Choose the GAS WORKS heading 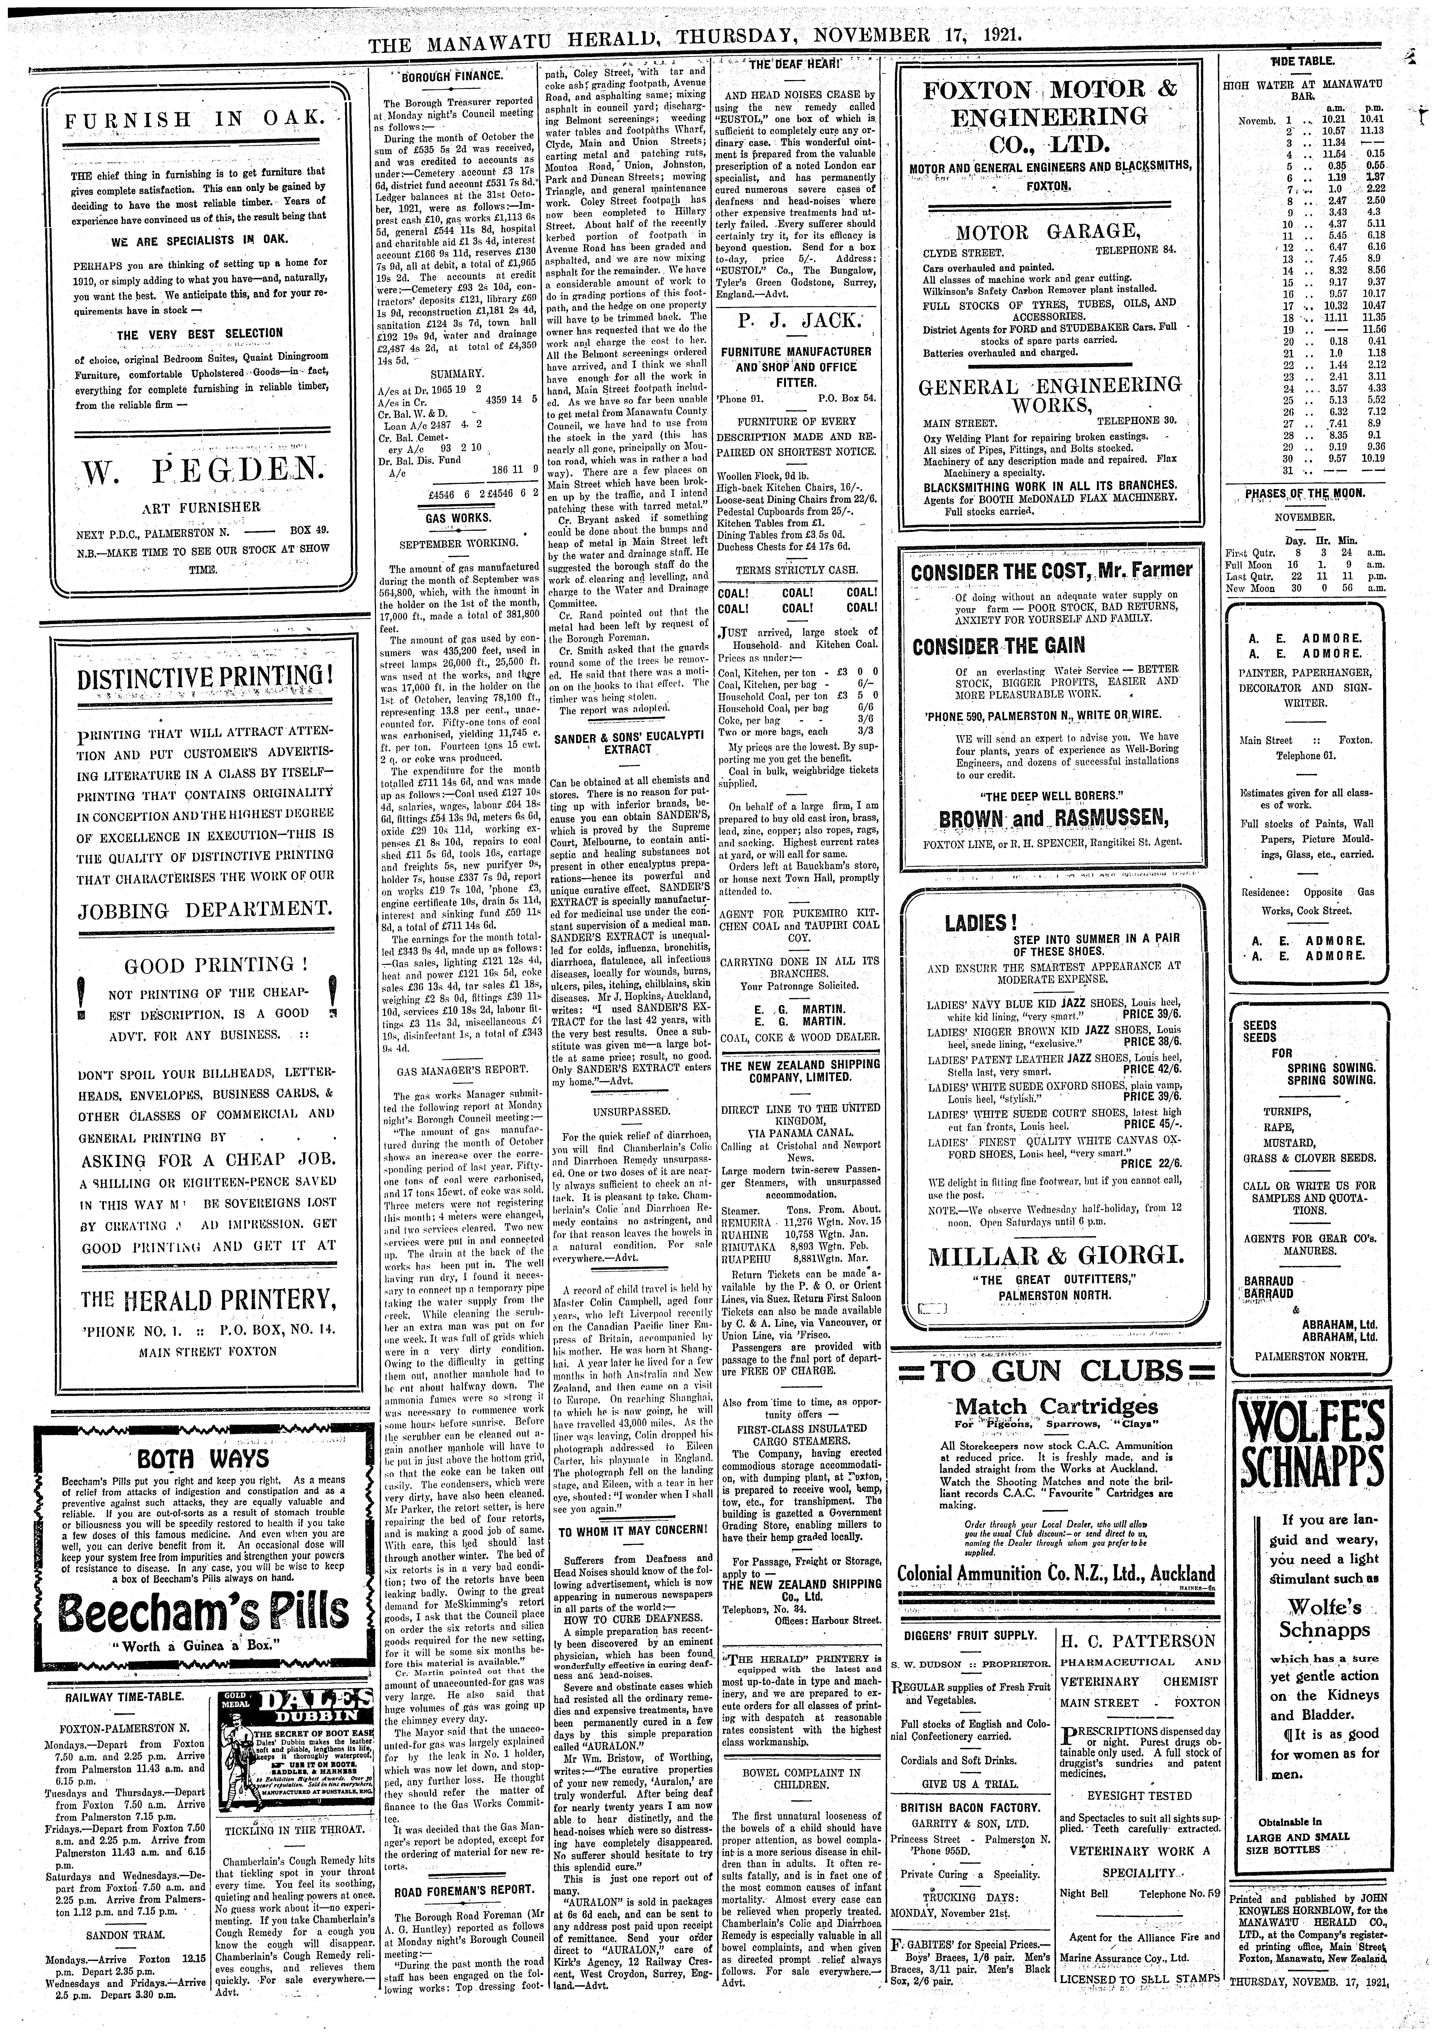pos(452,517)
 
